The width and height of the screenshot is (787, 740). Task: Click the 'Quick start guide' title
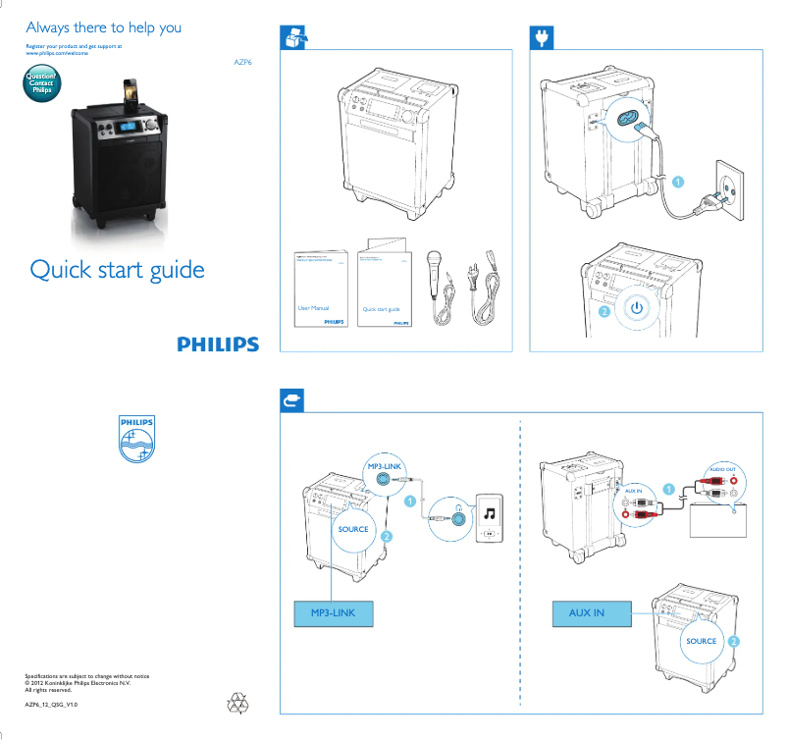(x=117, y=269)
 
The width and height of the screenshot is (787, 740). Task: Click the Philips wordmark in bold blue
(x=218, y=344)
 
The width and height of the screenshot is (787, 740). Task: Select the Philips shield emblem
(x=136, y=437)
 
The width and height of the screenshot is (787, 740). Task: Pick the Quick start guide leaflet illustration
(x=384, y=285)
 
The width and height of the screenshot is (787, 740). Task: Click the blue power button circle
(x=637, y=307)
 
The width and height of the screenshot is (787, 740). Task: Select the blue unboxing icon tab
(x=294, y=37)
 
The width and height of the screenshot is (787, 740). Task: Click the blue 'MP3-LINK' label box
(x=333, y=613)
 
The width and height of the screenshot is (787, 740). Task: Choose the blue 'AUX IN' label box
(x=587, y=613)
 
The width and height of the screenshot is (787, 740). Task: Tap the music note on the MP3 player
(x=490, y=512)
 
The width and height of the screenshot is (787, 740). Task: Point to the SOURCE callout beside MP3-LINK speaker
(x=353, y=529)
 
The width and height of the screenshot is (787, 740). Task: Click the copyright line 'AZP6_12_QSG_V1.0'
(x=51, y=705)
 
